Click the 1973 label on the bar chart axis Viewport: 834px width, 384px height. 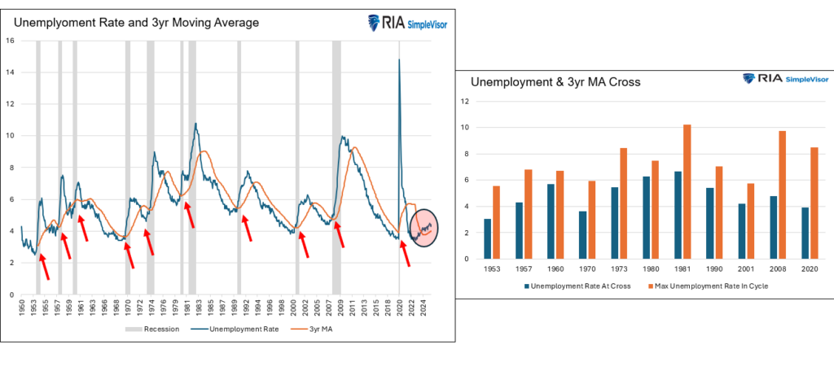coord(619,268)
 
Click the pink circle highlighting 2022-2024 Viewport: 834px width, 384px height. coord(424,226)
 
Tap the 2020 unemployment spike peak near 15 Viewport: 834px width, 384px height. coord(399,59)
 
